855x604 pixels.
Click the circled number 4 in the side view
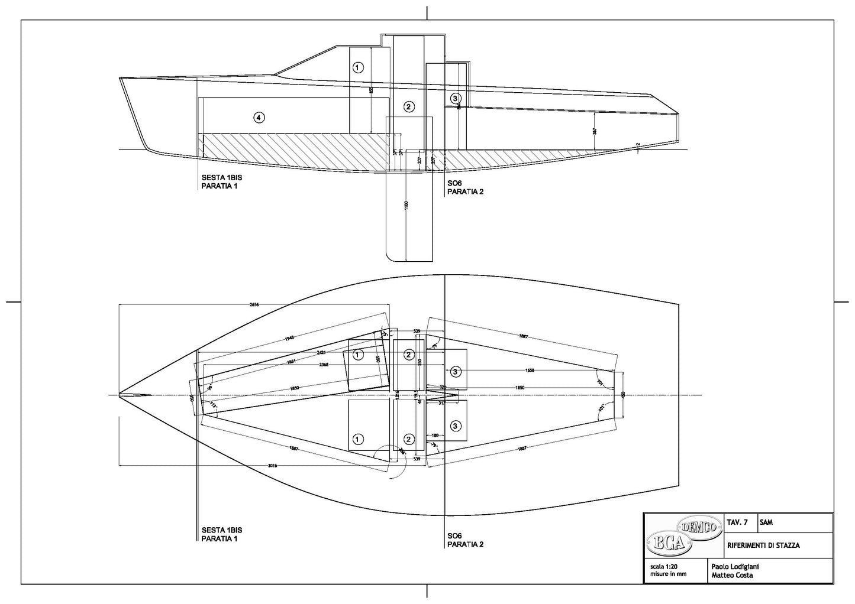[x=259, y=118]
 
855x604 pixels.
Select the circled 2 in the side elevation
[x=408, y=107]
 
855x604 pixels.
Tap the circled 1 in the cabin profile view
[x=357, y=67]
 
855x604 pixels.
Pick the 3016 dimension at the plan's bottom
[x=272, y=466]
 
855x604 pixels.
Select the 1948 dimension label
[x=289, y=337]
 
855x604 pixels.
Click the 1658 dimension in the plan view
[x=530, y=371]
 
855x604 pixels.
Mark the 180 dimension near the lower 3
[x=435, y=435]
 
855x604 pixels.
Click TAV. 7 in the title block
[x=737, y=522]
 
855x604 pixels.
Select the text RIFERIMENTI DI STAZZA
[x=763, y=545]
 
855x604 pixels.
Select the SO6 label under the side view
[x=454, y=184]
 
